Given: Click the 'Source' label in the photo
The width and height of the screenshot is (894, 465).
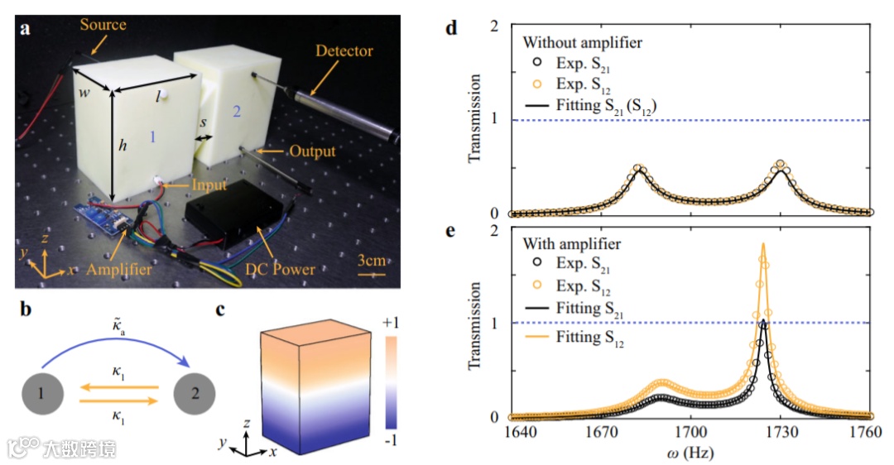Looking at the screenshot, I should pos(103,25).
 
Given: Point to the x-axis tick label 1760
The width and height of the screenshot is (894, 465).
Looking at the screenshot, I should pos(870,434).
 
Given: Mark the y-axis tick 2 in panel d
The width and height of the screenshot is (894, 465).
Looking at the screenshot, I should pos(493,26).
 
